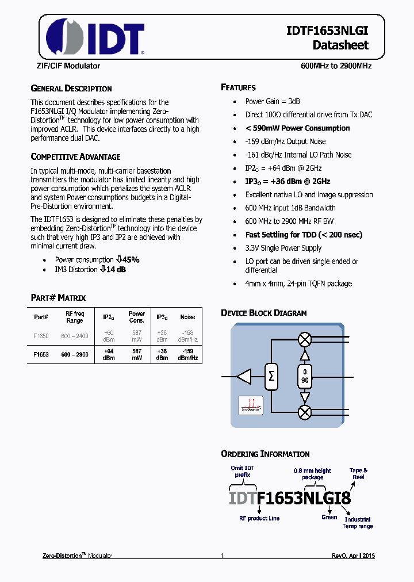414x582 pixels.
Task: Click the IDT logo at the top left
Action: (95, 36)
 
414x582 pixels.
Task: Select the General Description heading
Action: (71, 89)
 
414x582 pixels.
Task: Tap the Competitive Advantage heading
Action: (75, 156)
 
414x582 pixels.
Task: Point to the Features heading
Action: (238, 87)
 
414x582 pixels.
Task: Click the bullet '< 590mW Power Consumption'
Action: (297, 128)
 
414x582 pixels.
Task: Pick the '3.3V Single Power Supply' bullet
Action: (283, 248)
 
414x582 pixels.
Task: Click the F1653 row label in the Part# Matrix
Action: (41, 355)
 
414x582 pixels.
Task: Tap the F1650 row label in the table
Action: (41, 335)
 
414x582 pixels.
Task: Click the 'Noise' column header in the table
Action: (187, 317)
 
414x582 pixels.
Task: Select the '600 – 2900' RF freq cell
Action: (75, 355)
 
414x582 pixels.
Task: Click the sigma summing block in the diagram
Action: (271, 376)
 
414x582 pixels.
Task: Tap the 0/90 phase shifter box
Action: (305, 376)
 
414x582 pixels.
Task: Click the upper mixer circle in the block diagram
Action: (305, 340)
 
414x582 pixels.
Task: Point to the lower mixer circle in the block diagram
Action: (305, 412)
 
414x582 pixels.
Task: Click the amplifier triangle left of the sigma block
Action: (244, 376)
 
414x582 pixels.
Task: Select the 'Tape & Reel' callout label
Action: (358, 474)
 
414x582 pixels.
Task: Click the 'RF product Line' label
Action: (259, 518)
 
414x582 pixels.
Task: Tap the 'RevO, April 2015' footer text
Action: (353, 556)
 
